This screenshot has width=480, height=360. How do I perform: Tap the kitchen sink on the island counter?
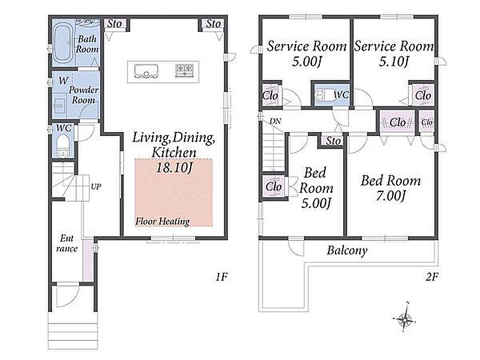point(146,71)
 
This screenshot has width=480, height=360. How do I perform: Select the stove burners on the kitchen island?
point(184,71)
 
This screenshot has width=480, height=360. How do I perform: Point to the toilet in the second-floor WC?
point(323,95)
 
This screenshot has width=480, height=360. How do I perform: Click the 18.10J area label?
point(174,167)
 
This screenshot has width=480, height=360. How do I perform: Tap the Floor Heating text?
point(162,221)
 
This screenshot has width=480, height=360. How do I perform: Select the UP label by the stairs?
point(96,186)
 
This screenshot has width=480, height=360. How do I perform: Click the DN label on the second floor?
point(275,121)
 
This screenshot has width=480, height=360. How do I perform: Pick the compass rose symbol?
point(405,319)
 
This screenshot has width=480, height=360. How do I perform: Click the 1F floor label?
point(222,277)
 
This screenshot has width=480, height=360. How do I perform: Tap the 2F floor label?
point(432,277)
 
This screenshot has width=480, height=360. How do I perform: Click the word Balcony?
point(347,250)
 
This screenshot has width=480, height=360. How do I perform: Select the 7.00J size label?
point(391,195)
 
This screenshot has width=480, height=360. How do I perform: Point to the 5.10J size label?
point(394,62)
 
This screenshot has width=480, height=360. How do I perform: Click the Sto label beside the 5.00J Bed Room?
point(333,141)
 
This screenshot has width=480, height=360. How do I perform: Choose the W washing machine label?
point(63,81)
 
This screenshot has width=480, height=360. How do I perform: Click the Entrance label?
point(67,243)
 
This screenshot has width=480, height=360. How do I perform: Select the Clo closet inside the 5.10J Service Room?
point(423,95)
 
